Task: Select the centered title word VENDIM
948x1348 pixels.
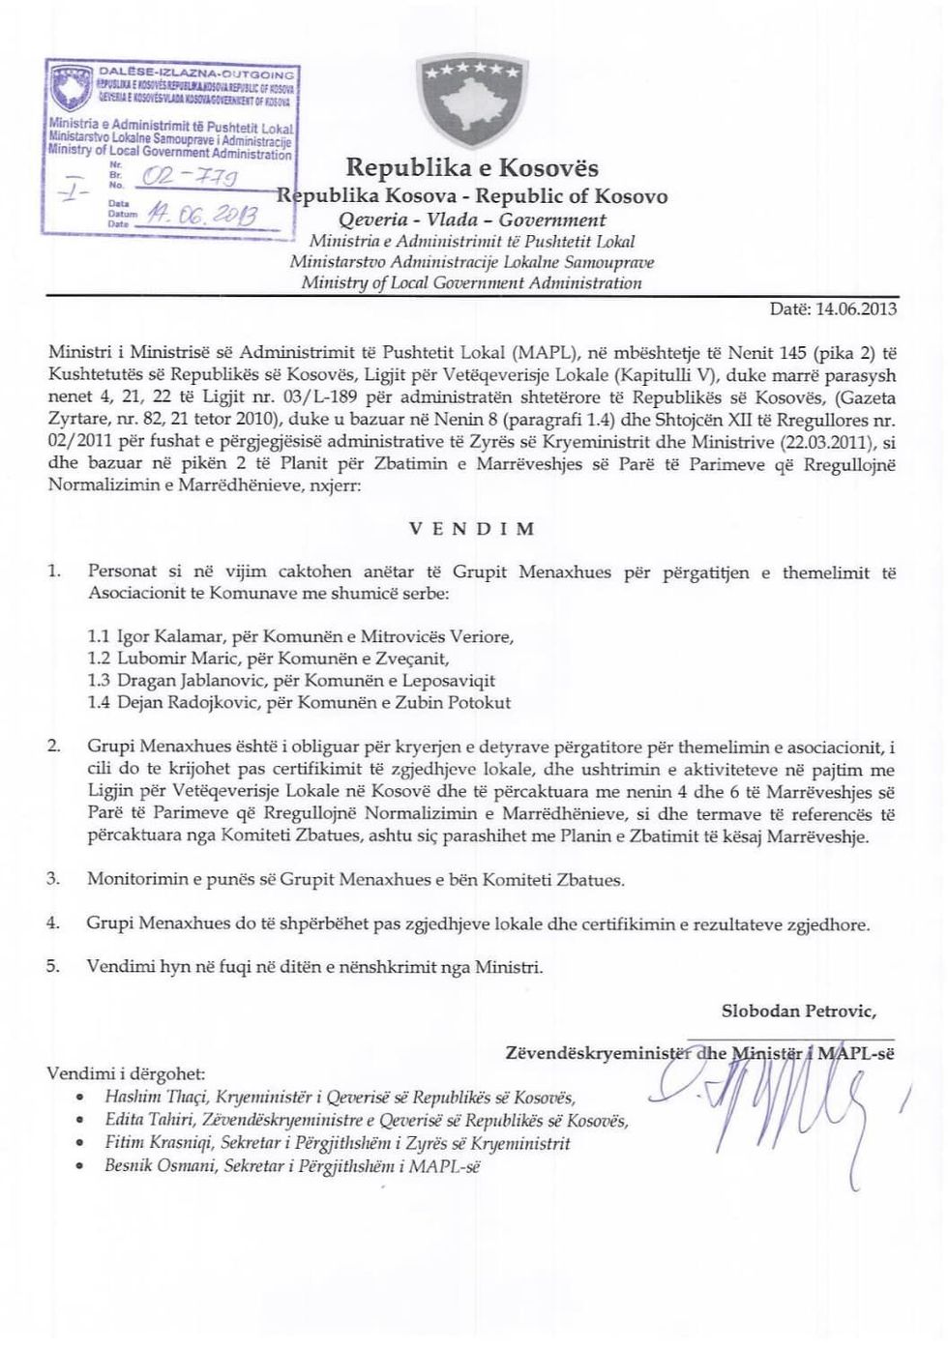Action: tap(472, 529)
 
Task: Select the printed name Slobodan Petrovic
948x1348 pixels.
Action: tap(799, 1011)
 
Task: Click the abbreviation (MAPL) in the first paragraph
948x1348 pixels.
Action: tap(530, 349)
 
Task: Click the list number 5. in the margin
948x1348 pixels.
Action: tap(55, 966)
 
